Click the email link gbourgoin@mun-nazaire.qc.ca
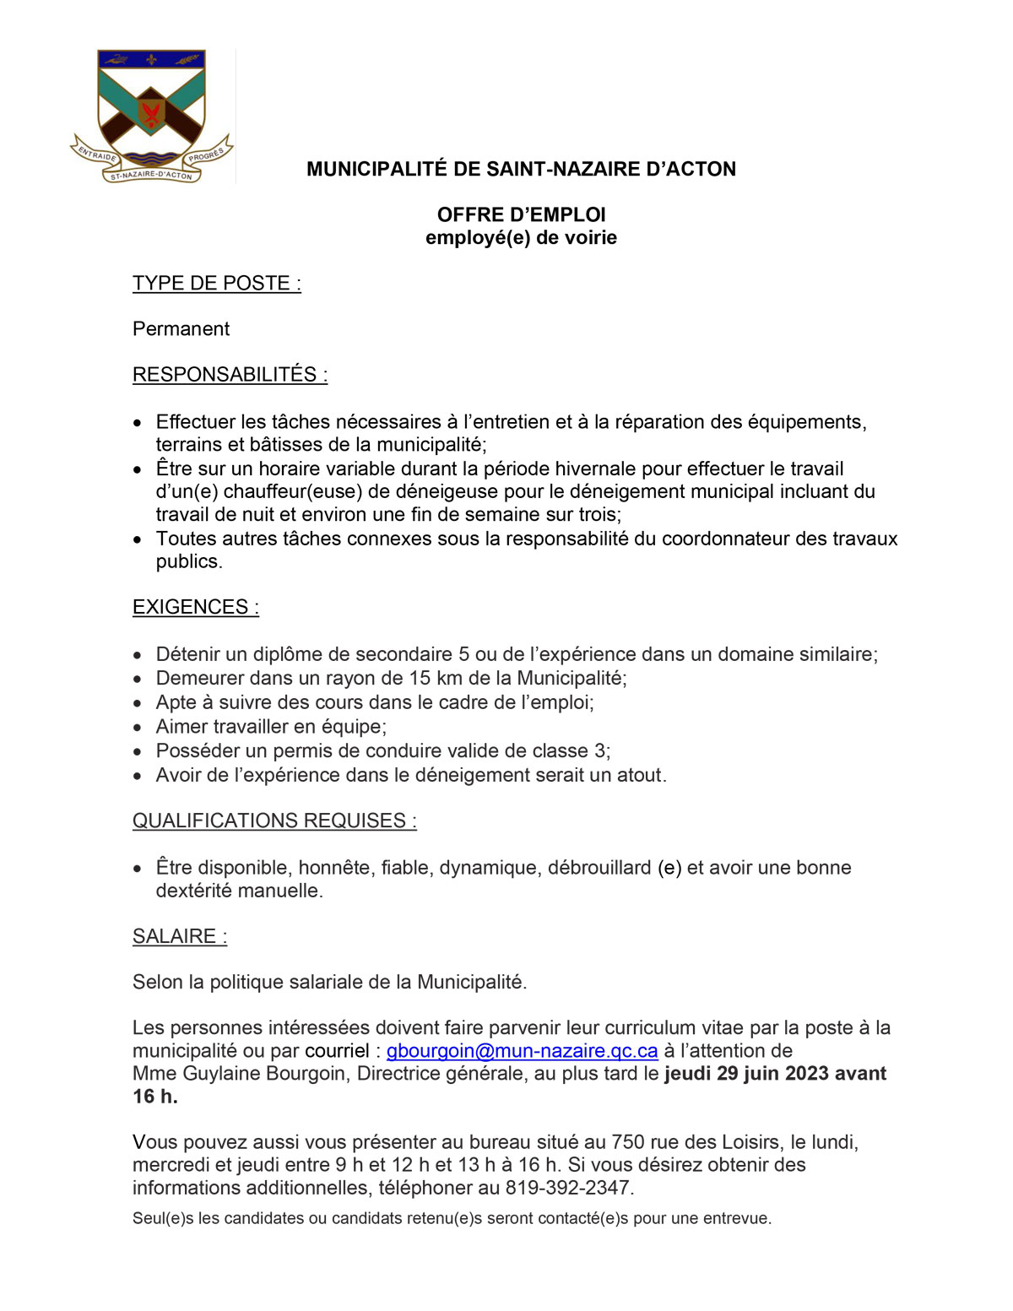point(522,1051)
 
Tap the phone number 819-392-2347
point(568,1188)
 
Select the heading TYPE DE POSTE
point(216,284)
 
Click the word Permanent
point(181,329)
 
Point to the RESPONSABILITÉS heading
point(230,375)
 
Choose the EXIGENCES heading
point(195,607)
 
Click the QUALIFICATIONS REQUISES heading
point(274,821)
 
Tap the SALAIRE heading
point(180,936)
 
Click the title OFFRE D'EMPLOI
point(521,214)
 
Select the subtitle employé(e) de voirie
point(521,238)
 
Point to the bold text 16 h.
point(155,1097)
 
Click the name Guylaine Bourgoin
point(264,1074)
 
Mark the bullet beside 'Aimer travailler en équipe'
point(138,728)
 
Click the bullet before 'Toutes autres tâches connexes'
point(138,539)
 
